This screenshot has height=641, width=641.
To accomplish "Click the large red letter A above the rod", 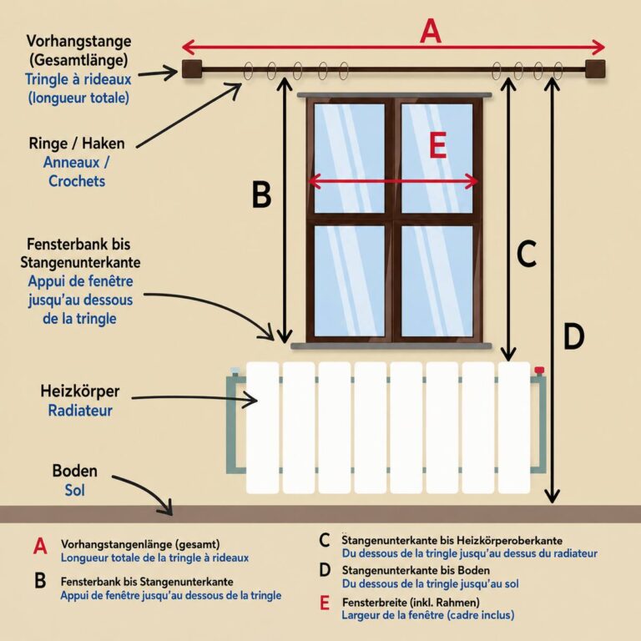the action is [431, 32].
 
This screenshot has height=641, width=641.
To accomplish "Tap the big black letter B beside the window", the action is [261, 194].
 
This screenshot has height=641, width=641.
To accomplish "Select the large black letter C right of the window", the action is [527, 254].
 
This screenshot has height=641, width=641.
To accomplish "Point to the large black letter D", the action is [574, 336].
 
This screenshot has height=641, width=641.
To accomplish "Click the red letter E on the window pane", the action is [437, 145].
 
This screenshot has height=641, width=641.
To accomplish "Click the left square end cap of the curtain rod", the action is [192, 69].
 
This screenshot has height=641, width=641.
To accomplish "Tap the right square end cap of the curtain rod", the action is [595, 68].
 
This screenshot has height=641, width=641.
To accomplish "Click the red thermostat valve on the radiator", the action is [539, 371].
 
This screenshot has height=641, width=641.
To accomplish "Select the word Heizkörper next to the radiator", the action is [80, 391].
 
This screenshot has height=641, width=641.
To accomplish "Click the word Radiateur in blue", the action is [80, 411].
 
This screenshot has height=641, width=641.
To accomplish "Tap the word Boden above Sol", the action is [75, 471].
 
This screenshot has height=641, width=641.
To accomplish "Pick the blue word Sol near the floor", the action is [75, 490].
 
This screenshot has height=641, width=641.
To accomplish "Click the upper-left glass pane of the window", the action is [350, 159].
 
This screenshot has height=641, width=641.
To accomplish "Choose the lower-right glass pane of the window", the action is [437, 281].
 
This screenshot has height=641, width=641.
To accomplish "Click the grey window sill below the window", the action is [391, 346].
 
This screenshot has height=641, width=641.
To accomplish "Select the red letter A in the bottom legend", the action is [40, 546].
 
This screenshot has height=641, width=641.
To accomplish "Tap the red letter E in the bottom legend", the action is [325, 603].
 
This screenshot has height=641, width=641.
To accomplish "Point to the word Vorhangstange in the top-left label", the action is [79, 41].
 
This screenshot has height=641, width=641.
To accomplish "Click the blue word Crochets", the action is [77, 181].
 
